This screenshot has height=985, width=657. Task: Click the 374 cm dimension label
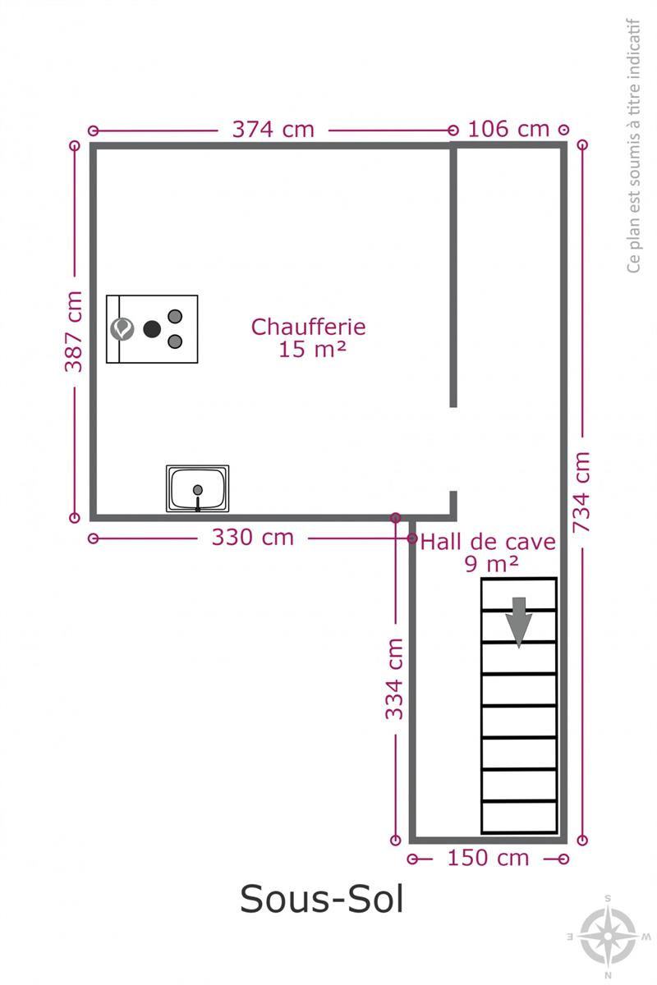273,130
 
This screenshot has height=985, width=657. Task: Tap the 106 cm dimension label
508,130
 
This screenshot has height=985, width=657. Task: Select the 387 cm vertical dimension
73,331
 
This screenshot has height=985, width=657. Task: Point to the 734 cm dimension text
581,492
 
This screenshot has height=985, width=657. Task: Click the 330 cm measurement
253,538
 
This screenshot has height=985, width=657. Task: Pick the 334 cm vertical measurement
394,679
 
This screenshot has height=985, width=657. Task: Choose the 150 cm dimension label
488,858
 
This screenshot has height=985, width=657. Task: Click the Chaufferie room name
309,328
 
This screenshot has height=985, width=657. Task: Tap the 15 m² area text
312,350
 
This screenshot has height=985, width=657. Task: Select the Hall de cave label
488,543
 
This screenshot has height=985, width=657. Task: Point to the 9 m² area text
492,564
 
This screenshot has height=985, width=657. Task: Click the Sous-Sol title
322,900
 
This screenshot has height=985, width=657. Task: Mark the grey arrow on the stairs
519,622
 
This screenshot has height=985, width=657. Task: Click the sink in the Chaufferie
198,488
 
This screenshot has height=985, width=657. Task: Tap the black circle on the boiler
152,329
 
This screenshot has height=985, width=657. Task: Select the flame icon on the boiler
122,329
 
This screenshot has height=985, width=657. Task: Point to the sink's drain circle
198,489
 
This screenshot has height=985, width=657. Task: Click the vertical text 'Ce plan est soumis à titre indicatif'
633,145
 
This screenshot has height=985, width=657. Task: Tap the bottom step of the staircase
519,817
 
